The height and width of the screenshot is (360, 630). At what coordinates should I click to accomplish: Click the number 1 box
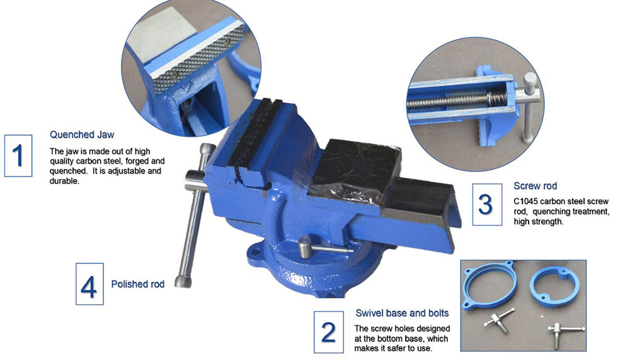[18, 156]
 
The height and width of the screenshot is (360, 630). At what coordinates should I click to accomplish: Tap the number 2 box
[329, 332]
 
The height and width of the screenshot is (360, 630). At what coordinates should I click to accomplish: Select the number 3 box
[487, 204]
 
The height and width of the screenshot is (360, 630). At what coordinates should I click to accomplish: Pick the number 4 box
[89, 284]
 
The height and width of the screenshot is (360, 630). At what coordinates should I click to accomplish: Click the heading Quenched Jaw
[82, 135]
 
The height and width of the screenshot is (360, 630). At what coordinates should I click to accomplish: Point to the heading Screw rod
[535, 186]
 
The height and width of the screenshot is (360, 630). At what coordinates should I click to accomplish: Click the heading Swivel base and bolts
[402, 313]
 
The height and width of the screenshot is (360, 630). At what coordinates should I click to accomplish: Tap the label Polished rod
[138, 284]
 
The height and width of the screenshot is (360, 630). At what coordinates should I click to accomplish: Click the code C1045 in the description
[526, 201]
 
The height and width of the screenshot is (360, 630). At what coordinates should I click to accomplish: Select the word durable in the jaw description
[64, 181]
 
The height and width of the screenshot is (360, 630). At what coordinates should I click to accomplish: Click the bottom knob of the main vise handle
[183, 281]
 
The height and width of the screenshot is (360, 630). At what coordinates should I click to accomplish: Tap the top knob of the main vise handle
[208, 151]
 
